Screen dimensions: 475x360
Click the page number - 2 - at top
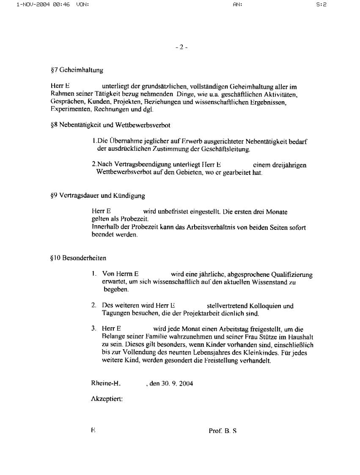coord(181,47)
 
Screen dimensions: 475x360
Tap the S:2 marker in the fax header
coord(322,5)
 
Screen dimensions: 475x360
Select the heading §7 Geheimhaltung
coord(77,70)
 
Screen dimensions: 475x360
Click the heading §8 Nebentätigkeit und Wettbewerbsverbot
coord(110,125)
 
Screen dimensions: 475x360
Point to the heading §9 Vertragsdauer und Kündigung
coord(97,196)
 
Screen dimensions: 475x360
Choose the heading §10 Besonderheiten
coord(78,258)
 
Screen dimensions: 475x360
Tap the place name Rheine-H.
coord(106,384)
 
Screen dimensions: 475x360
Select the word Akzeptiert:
coord(107,399)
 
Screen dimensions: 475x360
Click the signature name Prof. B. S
coord(223,431)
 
